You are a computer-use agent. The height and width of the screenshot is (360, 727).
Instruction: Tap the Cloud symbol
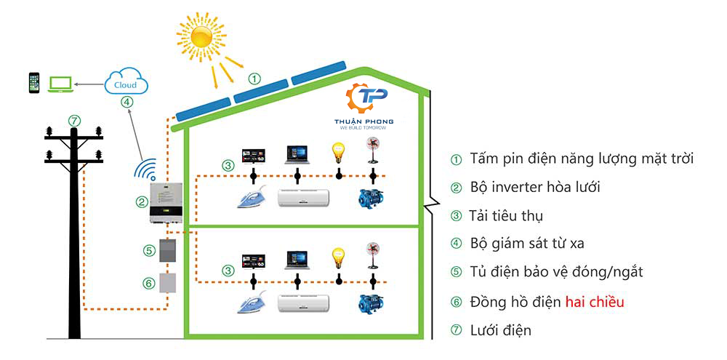pos(126,82)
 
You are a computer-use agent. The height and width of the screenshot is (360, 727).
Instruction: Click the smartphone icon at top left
pos(33,83)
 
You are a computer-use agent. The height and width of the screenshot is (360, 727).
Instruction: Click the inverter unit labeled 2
pos(166,203)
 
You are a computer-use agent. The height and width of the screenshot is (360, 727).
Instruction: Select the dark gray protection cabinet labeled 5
pos(169,251)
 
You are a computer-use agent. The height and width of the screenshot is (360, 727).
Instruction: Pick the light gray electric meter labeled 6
pos(169,282)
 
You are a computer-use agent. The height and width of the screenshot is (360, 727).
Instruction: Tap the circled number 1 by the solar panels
pos(254,77)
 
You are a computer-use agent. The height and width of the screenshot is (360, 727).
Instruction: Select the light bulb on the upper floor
pos(338,152)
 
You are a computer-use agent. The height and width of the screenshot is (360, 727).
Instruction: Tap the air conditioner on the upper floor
pos(304,197)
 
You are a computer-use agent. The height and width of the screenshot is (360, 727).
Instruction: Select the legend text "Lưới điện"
pos(500,330)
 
